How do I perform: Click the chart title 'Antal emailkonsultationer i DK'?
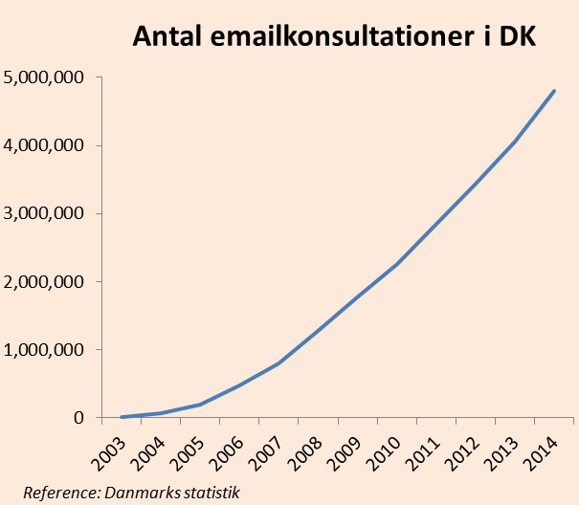coord(335,37)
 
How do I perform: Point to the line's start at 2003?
coord(122,417)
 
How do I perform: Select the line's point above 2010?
coord(397,263)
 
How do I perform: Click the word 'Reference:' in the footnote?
coord(59,493)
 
